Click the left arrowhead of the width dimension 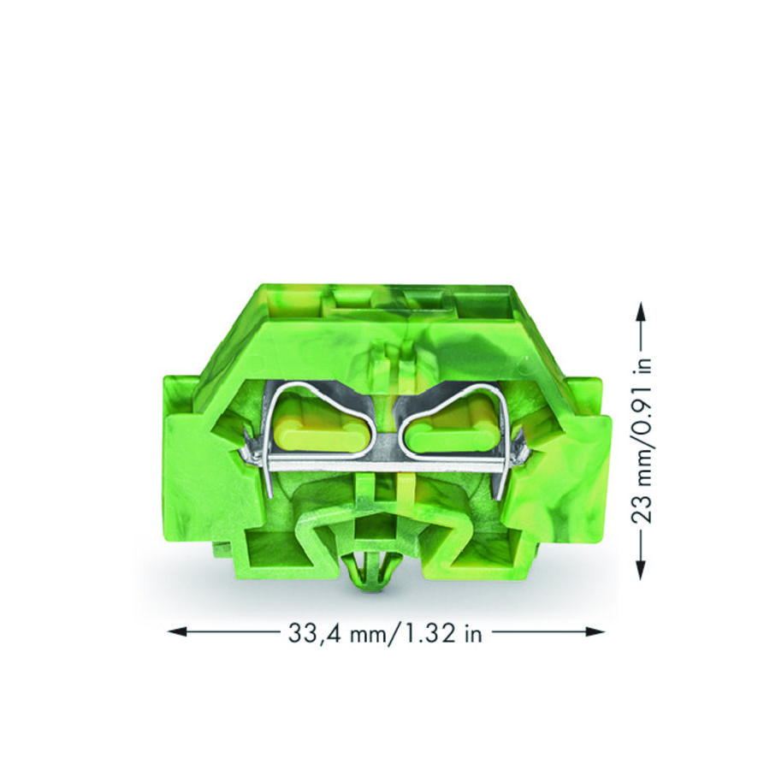pos(177,632)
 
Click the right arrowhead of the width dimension pos(594,632)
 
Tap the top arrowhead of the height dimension pos(640,312)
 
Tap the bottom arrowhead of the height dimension pos(640,570)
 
